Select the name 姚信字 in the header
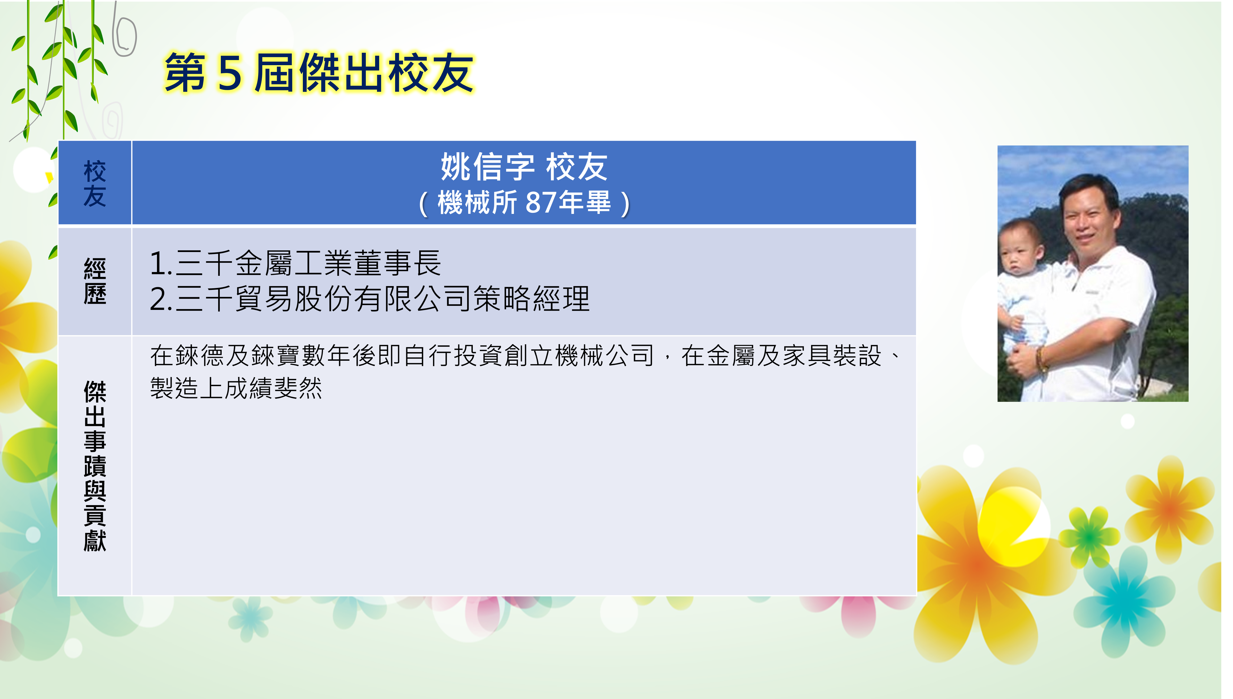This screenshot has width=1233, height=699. coord(487,167)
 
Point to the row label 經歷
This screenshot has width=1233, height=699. coord(95,281)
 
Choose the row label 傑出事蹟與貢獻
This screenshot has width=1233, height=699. coord(95,466)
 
